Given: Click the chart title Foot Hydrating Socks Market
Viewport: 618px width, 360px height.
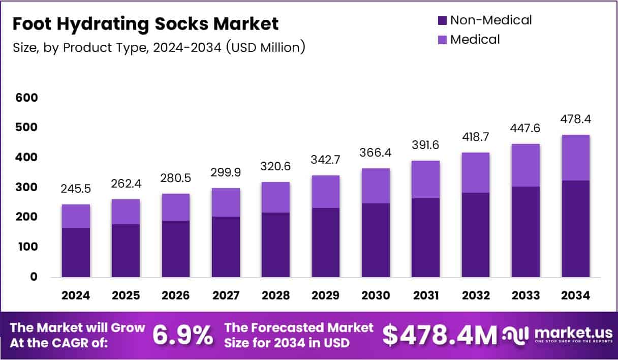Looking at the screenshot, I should pos(145,24).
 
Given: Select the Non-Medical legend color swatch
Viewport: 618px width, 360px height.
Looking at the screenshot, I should pos(442,21).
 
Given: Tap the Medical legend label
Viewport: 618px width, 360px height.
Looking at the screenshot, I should pos(475,39).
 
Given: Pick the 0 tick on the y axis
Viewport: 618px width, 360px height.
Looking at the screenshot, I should pos(34,277).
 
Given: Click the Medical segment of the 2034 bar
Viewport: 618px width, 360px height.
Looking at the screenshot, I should pos(576,158).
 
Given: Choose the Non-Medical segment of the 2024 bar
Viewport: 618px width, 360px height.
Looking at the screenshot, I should pos(76,252).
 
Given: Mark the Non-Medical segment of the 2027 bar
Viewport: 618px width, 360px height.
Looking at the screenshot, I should pos(226,247).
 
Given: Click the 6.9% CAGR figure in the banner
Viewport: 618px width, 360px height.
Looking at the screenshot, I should pos(182,335).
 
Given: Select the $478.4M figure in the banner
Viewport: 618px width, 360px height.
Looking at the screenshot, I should pos(439,335).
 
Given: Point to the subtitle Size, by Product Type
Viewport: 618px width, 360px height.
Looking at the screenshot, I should pos(159,47).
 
